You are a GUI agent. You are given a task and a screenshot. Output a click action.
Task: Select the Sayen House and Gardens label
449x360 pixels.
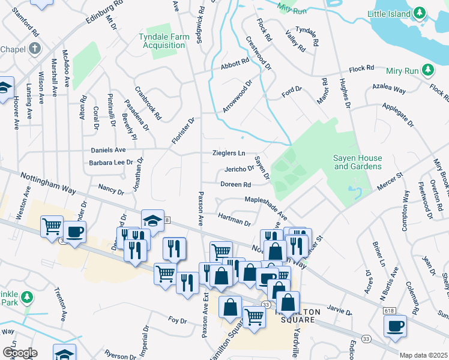(x=357, y=162)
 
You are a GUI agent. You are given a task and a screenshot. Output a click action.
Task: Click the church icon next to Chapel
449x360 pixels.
(x=35, y=49)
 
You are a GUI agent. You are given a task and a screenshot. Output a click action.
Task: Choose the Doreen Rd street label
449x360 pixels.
(x=235, y=185)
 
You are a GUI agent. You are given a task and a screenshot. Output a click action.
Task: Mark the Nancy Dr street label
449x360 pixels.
(x=110, y=191)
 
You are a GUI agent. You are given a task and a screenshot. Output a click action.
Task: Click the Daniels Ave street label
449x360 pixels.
(x=108, y=149)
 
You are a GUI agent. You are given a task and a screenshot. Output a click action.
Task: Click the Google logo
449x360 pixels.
(x=19, y=353)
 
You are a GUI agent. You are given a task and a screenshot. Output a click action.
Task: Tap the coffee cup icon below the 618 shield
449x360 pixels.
(x=396, y=326)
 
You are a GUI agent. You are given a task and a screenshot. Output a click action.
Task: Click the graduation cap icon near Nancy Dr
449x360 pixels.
(x=152, y=220)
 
